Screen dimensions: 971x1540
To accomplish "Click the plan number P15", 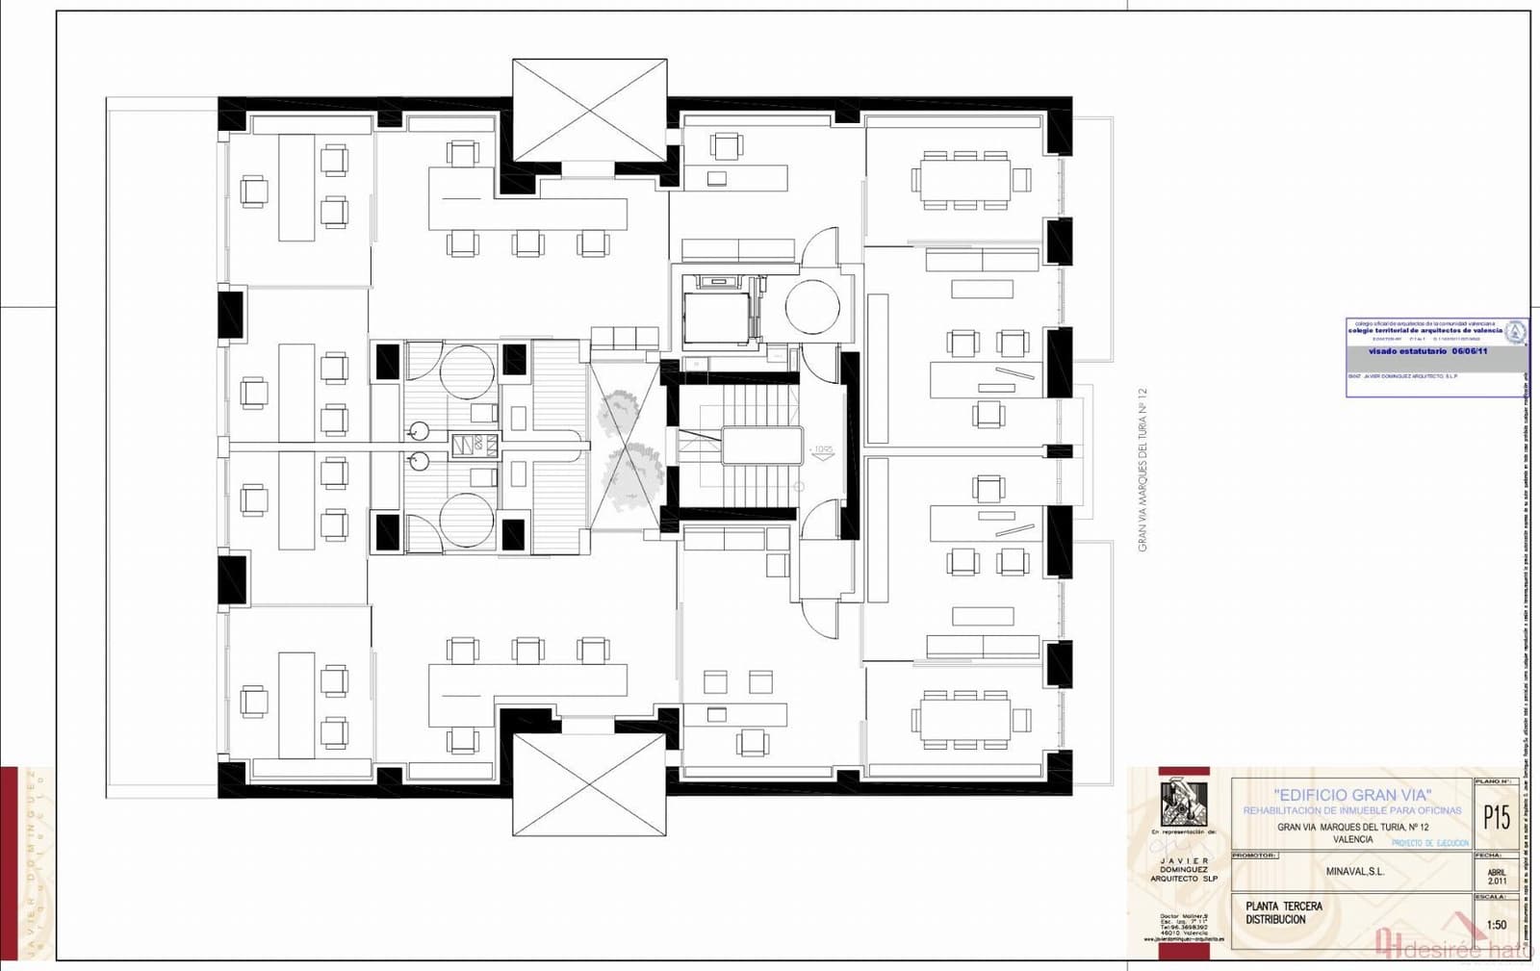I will [x=1497, y=817].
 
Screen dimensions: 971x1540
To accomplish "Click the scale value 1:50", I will [x=1497, y=925].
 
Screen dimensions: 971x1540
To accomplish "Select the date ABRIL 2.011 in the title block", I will [x=1497, y=876].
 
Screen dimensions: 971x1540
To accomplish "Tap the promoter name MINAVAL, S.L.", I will [x=1354, y=872].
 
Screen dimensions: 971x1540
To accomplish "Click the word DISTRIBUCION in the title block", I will [x=1275, y=920].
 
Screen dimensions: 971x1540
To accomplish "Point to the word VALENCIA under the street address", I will [x=1352, y=840].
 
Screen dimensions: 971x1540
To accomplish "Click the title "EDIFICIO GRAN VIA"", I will [x=1352, y=795].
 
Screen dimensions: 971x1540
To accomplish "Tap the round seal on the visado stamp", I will [x=1515, y=332].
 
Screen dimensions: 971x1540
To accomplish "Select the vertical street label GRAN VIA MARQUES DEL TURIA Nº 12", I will [x=1142, y=470].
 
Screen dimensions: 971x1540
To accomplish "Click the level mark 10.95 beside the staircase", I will [x=823, y=449].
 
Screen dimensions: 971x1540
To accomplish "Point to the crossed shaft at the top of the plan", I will [x=589, y=110].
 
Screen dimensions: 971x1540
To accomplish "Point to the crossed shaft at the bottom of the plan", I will [x=589, y=784].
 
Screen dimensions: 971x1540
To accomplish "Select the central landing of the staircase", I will [x=761, y=447].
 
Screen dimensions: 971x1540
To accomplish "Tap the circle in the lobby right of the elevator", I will [x=812, y=306].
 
